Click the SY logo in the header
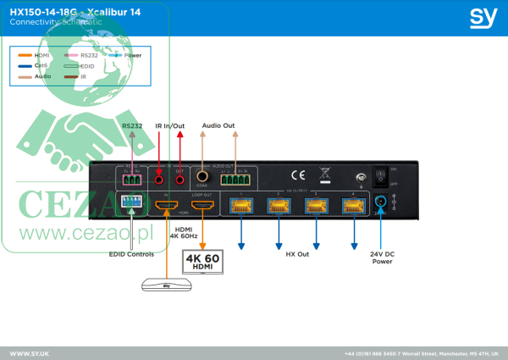(x=483, y=17)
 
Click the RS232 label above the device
(x=131, y=126)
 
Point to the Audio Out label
(x=218, y=126)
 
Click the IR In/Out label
(x=169, y=126)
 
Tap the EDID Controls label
(x=130, y=253)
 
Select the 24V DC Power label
(x=382, y=257)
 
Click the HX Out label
(x=296, y=252)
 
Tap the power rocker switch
(x=381, y=176)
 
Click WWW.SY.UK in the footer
(x=30, y=352)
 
